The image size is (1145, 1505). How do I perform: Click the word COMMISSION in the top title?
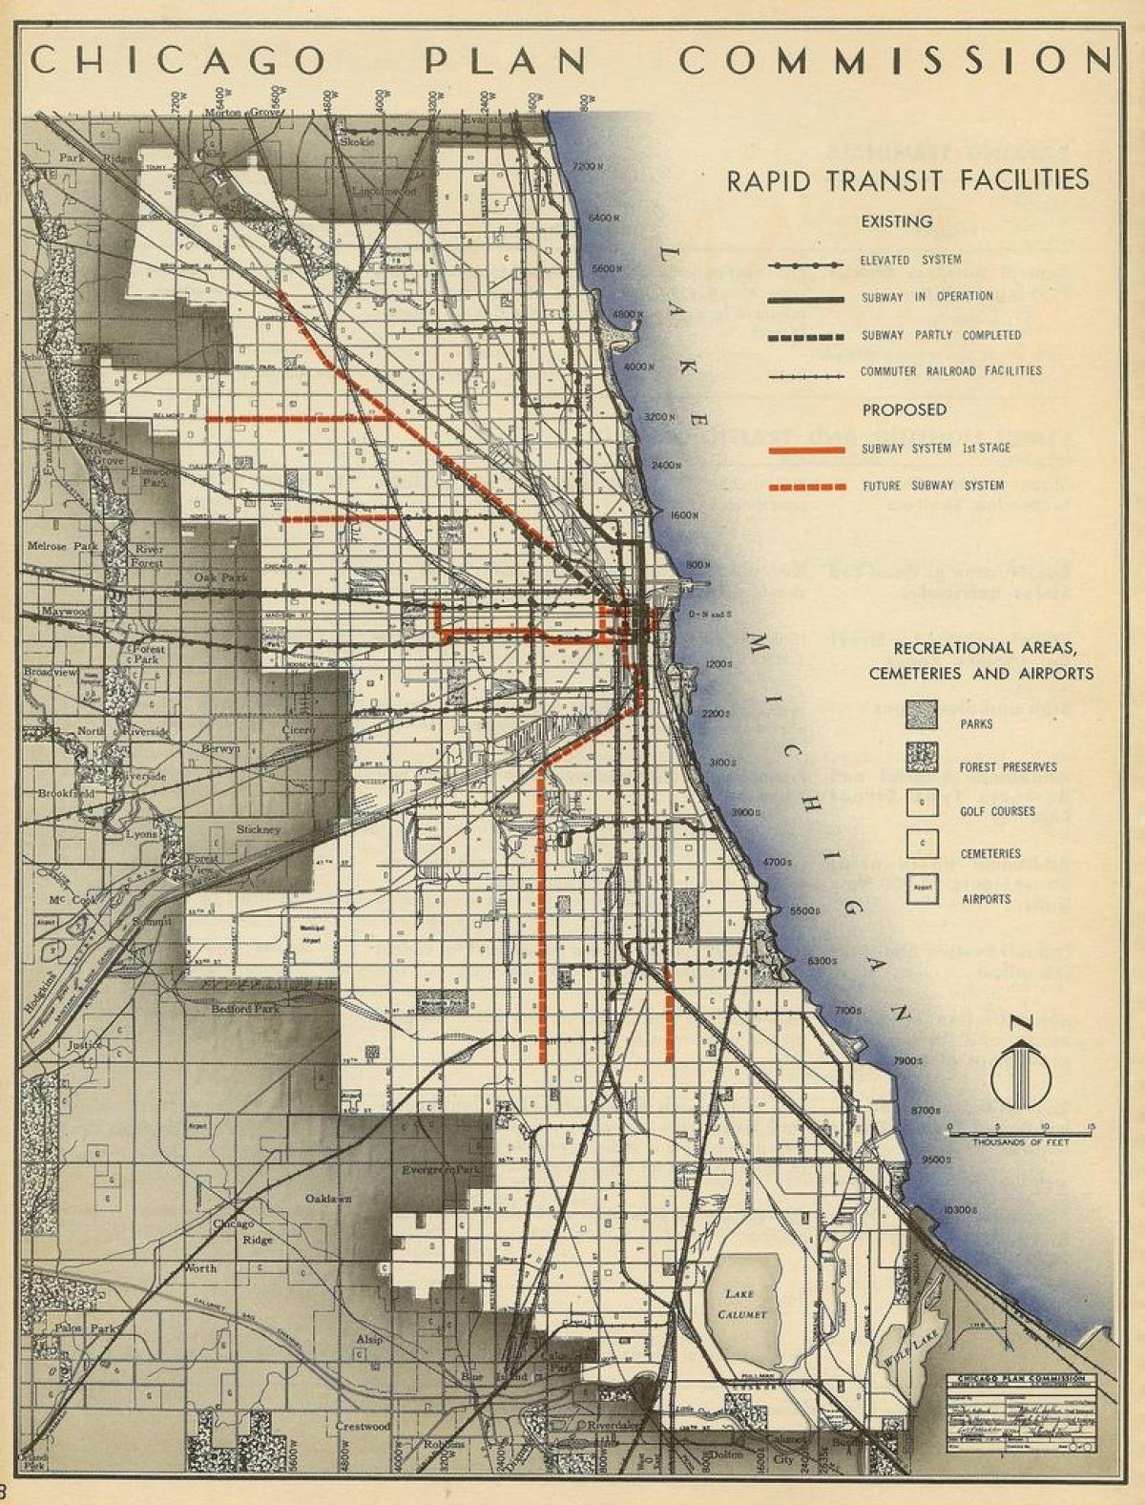coord(895,61)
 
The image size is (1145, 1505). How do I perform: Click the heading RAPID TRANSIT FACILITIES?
coord(907,180)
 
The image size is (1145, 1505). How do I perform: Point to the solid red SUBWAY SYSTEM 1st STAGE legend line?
coord(807,449)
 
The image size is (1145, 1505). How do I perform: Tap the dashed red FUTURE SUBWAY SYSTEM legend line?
coord(807,487)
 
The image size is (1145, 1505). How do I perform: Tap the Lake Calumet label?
coord(739,1304)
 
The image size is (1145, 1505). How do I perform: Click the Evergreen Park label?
coord(441,1170)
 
